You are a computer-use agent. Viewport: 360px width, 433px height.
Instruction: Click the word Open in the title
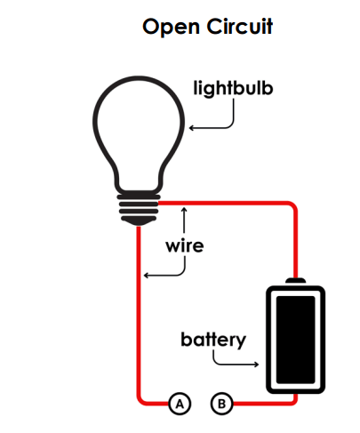coord(171,28)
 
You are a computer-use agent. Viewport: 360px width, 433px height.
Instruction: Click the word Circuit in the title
coord(240,26)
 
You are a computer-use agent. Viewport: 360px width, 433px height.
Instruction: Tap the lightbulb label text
coord(233,88)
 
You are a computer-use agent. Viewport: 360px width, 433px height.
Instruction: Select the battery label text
coord(213,340)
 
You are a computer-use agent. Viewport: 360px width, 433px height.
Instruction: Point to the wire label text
coord(185,246)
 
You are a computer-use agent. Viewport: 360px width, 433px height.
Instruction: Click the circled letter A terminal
coord(180,404)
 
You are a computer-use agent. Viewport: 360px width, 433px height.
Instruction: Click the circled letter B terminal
coord(222,404)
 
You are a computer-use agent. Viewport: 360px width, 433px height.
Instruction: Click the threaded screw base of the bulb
coord(139,207)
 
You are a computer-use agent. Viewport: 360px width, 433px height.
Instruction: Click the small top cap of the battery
coord(295,281)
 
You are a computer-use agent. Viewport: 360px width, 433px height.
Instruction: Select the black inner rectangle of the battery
coord(295,340)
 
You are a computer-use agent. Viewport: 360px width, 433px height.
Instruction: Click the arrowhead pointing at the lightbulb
coord(191,128)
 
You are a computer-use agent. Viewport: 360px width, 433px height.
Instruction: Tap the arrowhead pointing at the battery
coord(257,365)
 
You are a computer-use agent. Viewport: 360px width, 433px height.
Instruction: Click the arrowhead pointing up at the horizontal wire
coord(184,210)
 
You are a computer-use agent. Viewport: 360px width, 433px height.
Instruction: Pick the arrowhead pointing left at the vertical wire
coord(146,276)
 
